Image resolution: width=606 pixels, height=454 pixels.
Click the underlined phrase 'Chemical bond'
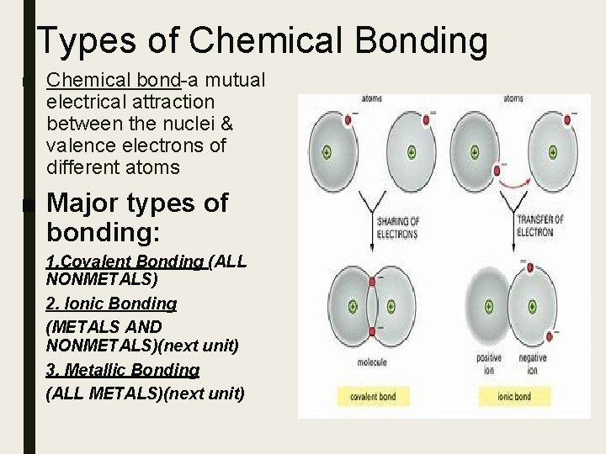point(114,80)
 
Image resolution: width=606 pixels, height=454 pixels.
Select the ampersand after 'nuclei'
point(227,124)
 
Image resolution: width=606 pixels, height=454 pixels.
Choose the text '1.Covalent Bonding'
point(125,261)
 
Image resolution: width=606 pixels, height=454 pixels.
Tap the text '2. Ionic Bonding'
point(112,303)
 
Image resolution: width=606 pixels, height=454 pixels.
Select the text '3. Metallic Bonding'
point(123,369)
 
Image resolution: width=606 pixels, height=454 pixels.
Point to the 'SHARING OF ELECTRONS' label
point(397,226)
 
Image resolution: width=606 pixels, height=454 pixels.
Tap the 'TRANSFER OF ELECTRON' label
point(540,225)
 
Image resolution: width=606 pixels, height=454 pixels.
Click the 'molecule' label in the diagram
point(371,362)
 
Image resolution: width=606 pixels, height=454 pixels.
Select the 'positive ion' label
point(487,363)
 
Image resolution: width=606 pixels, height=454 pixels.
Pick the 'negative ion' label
point(533,363)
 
